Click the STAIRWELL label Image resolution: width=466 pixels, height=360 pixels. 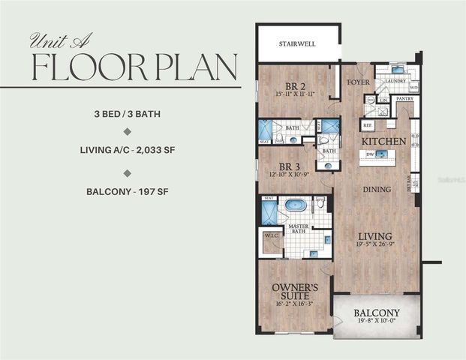(297, 44)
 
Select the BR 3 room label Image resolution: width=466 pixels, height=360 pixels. (290, 167)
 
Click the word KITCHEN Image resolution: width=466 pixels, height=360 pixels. (384, 141)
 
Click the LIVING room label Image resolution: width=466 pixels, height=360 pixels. (375, 235)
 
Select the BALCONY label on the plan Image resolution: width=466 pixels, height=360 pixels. (377, 313)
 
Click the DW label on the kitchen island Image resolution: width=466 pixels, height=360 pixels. (369, 155)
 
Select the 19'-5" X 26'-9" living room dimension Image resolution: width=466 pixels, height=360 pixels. (375, 245)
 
